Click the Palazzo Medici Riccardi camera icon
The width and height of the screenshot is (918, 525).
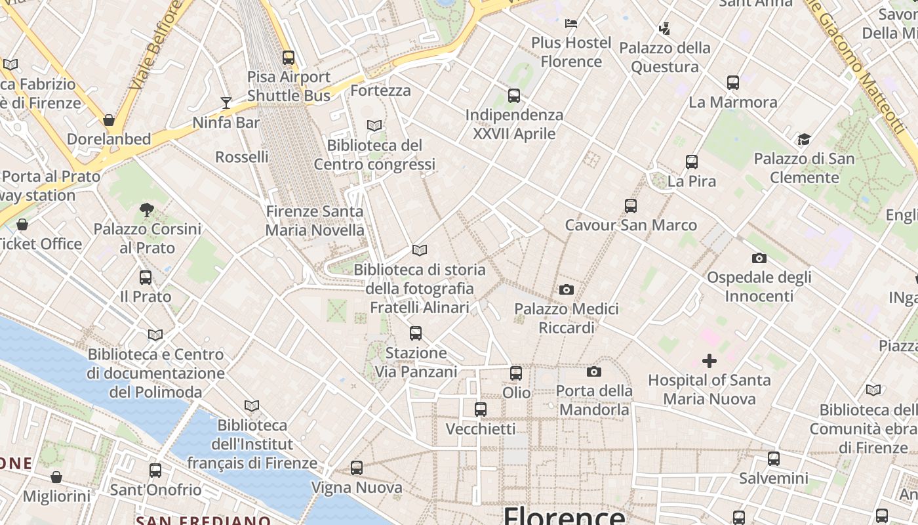click(567, 289)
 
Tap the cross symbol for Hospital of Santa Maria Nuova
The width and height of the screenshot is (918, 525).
click(709, 361)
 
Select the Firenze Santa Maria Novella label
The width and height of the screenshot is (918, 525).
click(315, 221)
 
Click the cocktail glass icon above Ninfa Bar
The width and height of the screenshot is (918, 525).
click(226, 102)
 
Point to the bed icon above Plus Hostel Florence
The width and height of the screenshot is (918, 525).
click(571, 24)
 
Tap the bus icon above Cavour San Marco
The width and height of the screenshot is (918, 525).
click(631, 206)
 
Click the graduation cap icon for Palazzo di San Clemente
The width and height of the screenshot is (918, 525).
click(804, 139)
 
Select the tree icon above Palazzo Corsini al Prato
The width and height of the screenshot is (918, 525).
click(147, 210)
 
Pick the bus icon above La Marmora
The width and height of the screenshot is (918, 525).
click(733, 83)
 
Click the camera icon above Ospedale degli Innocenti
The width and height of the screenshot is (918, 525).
click(759, 258)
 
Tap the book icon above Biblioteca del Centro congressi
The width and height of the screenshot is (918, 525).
click(374, 125)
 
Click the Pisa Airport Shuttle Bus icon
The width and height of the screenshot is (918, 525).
click(289, 58)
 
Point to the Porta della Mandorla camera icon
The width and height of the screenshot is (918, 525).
click(594, 372)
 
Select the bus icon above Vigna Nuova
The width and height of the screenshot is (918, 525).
click(357, 468)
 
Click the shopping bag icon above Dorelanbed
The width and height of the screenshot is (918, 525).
click(109, 120)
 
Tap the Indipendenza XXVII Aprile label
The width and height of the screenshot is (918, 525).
click(514, 124)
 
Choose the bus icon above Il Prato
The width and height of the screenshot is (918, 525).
click(146, 278)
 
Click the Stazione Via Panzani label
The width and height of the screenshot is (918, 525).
click(416, 362)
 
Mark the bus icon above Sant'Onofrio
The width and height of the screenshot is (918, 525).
click(155, 471)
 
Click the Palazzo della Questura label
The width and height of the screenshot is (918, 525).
click(665, 57)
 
